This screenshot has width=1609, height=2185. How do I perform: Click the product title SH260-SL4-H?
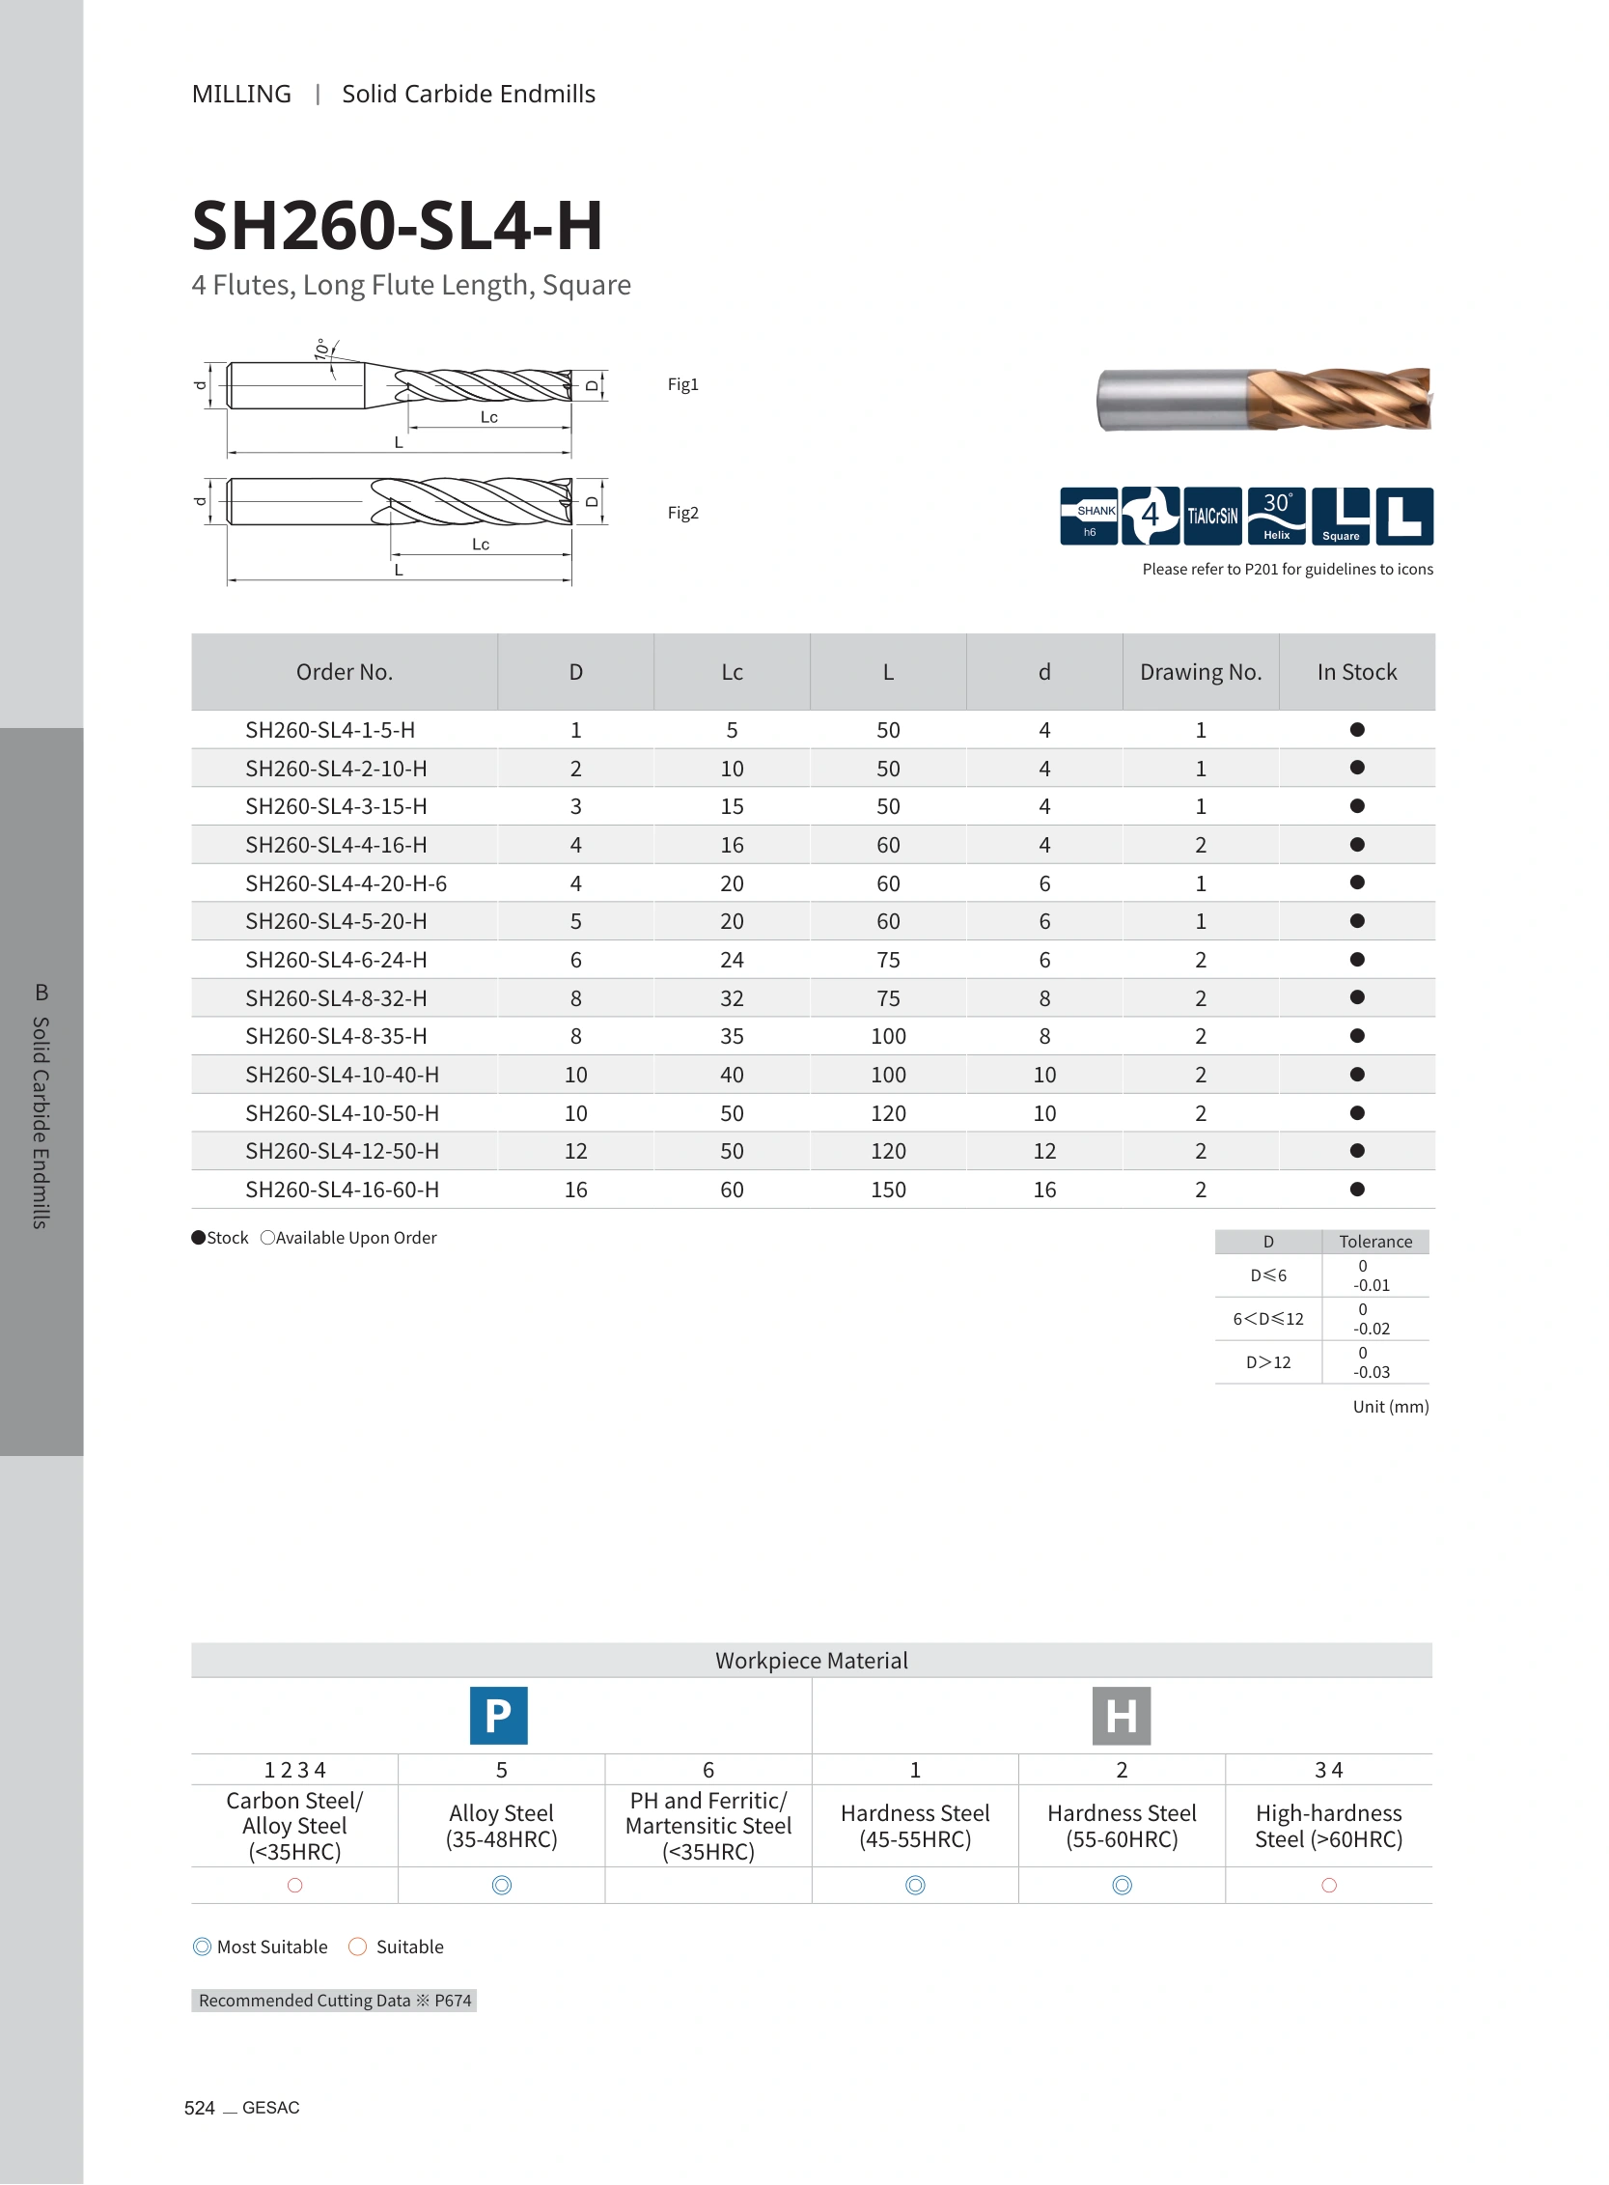coord(397,225)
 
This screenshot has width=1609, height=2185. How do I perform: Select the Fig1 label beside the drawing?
coord(682,385)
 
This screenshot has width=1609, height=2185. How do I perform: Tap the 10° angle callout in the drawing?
coord(321,350)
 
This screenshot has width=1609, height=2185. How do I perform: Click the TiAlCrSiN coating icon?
coord(1212,516)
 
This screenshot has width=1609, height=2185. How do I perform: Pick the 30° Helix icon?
coord(1276,516)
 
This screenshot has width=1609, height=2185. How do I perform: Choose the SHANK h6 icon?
coord(1089,516)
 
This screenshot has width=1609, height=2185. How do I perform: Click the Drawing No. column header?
coord(1200,672)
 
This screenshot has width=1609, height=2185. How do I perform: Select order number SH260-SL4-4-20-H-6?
coord(346,883)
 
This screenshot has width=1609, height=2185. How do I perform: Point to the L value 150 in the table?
coord(888,1190)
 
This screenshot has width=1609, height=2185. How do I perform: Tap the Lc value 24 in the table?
coord(732,961)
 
